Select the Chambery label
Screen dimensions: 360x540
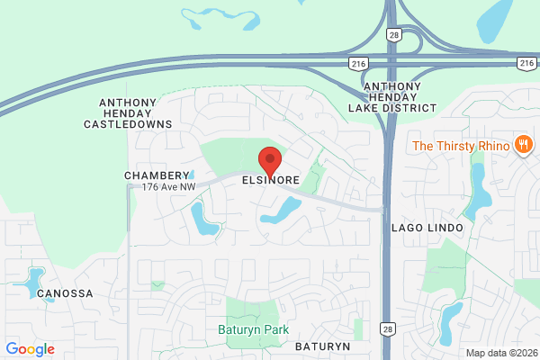pyautogui.click(x=157, y=175)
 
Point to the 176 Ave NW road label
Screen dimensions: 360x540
pyautogui.click(x=168, y=186)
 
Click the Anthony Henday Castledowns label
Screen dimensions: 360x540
pyautogui.click(x=135, y=113)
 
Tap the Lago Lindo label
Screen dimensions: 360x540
pyautogui.click(x=427, y=229)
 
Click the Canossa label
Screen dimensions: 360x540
pyautogui.click(x=66, y=293)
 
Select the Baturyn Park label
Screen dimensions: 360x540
pyautogui.click(x=253, y=329)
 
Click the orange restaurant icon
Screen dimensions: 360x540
pyautogui.click(x=522, y=145)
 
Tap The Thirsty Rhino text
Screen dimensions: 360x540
pyautogui.click(x=460, y=146)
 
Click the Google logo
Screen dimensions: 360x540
pyautogui.click(x=30, y=349)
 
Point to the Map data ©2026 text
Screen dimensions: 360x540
pyautogui.click(x=500, y=352)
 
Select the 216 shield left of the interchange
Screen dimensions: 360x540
pyautogui.click(x=357, y=63)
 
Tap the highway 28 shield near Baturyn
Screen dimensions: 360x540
pyautogui.click(x=386, y=329)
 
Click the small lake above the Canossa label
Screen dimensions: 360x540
pyautogui.click(x=36, y=277)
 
